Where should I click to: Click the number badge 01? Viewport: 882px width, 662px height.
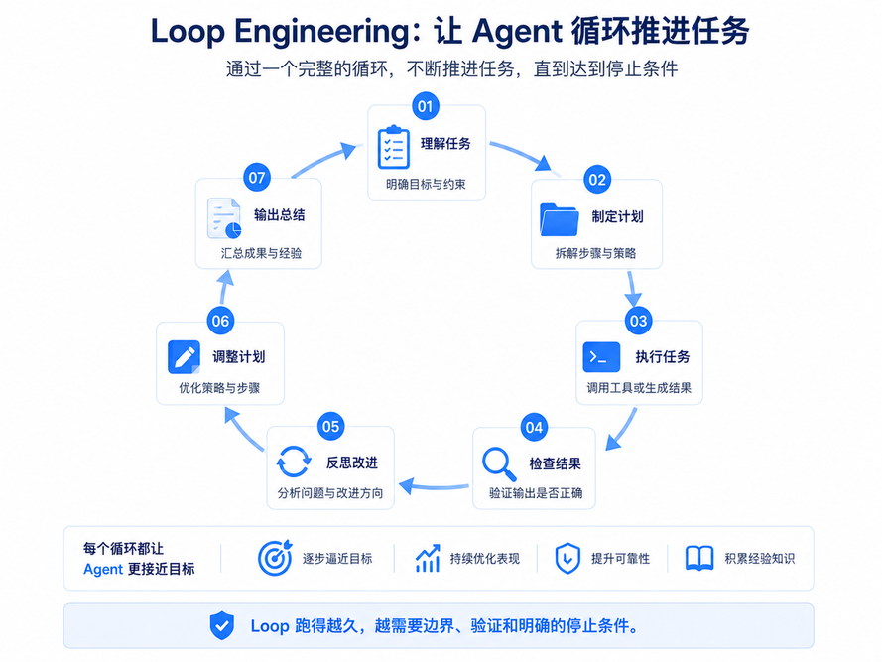click(x=426, y=106)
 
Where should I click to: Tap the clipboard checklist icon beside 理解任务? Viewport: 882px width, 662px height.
click(x=393, y=147)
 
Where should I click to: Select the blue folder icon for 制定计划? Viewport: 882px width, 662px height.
click(x=560, y=219)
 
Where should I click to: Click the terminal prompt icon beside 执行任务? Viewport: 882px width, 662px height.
click(x=601, y=357)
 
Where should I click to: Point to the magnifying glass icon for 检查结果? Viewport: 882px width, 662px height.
click(x=499, y=464)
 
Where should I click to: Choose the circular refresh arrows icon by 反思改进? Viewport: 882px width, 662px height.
click(x=293, y=462)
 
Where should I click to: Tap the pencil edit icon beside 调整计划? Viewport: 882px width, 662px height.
click(x=184, y=357)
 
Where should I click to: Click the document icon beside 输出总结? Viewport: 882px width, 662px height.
click(x=224, y=218)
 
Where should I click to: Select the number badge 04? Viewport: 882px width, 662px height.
click(x=534, y=428)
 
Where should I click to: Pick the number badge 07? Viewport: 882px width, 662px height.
click(x=257, y=178)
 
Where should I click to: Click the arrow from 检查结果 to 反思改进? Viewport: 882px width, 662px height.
click(x=434, y=485)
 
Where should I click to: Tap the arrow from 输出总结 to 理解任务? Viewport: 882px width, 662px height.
click(x=323, y=160)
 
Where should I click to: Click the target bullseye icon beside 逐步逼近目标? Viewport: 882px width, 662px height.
click(x=275, y=558)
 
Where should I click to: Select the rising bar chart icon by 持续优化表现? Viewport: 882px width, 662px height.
click(x=428, y=558)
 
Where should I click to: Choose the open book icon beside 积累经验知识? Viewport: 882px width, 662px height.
click(x=699, y=558)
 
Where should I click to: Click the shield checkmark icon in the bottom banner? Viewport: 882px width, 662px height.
click(x=222, y=625)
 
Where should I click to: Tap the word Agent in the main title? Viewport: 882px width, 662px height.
click(x=517, y=32)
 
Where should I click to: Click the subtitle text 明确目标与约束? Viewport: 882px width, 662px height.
click(x=426, y=184)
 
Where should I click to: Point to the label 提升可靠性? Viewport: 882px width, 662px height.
click(x=620, y=559)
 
